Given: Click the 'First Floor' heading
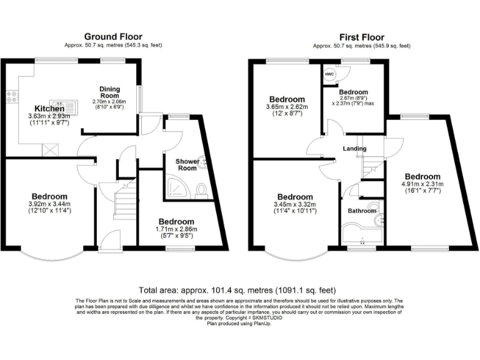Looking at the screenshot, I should tap(361, 37).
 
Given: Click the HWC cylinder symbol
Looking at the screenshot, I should tap(329, 74).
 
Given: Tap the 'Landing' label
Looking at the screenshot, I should tap(354, 148).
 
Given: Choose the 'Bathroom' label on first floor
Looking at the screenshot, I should tap(362, 211).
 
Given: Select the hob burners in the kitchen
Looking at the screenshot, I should tap(11, 96).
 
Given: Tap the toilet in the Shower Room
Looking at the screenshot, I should tap(201, 189).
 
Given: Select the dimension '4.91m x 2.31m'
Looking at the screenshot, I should tap(422, 184).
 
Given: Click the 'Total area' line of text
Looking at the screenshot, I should tap(237, 290).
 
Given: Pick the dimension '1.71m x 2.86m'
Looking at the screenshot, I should tap(176, 229).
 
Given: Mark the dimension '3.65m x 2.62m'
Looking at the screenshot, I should tap(287, 107).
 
